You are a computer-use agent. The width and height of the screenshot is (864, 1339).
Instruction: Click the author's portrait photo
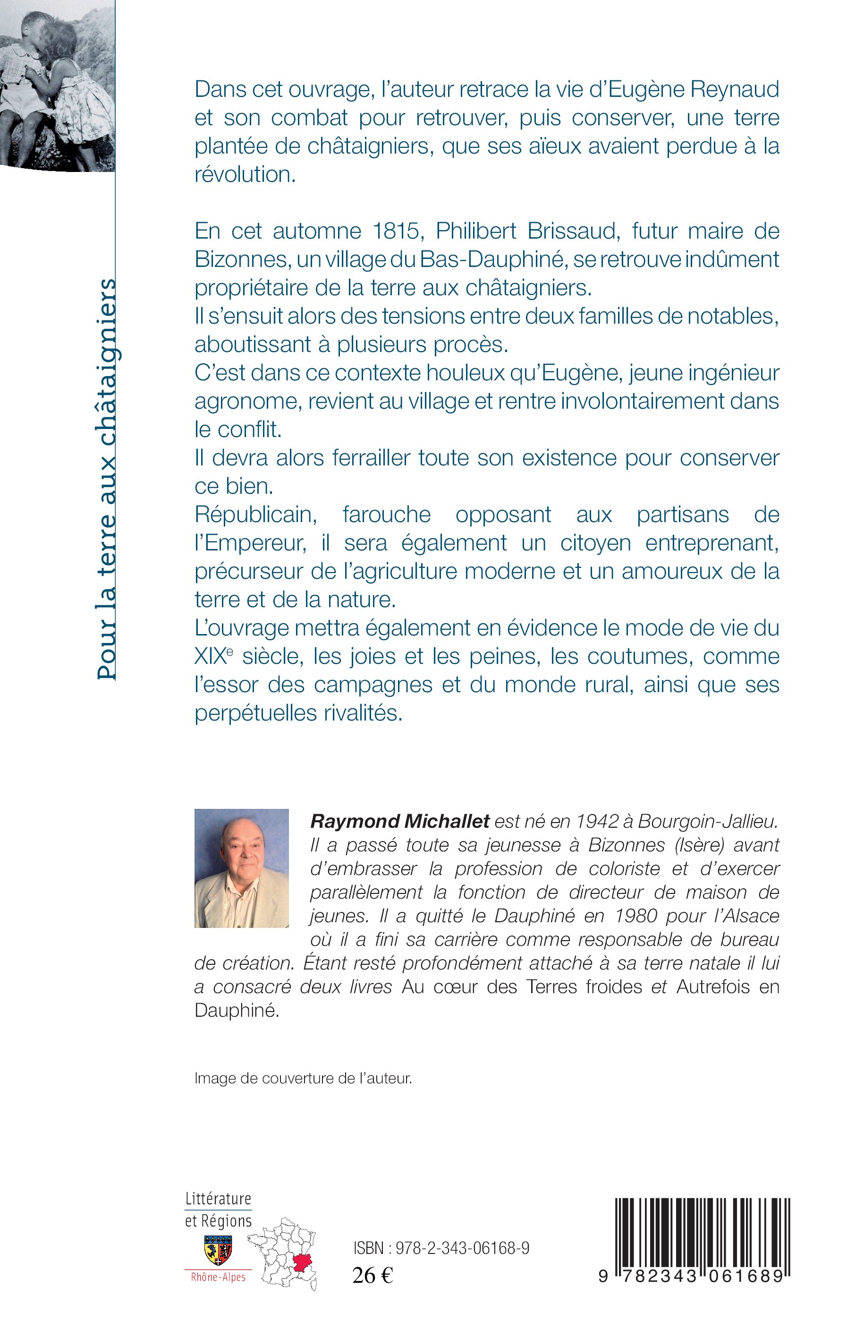pyautogui.click(x=241, y=868)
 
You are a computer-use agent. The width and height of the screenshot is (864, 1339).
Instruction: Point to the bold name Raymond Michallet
pyautogui.click(x=400, y=821)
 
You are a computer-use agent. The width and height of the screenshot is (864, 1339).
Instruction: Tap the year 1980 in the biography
pyautogui.click(x=635, y=916)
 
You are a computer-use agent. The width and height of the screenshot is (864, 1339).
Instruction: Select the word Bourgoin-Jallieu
pyautogui.click(x=708, y=821)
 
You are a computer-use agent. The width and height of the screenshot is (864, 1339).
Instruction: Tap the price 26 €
pyautogui.click(x=373, y=1276)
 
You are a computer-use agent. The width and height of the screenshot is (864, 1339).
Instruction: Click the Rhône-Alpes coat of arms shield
pyautogui.click(x=218, y=1250)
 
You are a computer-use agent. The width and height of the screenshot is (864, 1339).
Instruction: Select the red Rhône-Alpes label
pyautogui.click(x=218, y=1277)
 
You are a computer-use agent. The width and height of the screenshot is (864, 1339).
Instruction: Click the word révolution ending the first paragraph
pyautogui.click(x=245, y=175)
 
